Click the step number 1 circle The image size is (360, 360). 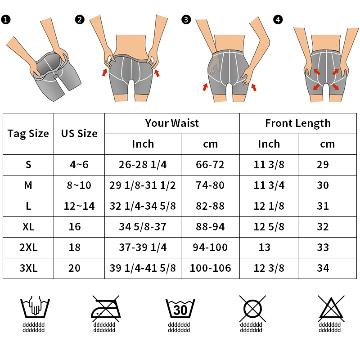coord(6,19)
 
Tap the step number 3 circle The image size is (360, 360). coord(186,19)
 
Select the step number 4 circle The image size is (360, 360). coord(278,19)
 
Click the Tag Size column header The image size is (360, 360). coord(28,134)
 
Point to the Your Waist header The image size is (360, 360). coord(172,123)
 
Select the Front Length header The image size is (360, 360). coord(298,123)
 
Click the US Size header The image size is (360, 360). coord(79,133)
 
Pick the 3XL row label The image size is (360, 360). coord(28,268)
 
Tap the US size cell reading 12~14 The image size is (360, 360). coord(79,206)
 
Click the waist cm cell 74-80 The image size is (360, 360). coord(210,185)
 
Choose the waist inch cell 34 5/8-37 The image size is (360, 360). coord(143,227)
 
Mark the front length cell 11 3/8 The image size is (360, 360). coord(269,165)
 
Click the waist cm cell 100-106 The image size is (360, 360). coord(210,268)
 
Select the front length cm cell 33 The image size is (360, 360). coord(323,247)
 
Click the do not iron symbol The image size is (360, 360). coord(106,309)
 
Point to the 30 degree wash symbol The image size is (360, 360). coord(180,308)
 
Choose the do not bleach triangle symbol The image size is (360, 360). coord(331,309)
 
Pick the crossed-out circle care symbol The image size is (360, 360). coord(252,309)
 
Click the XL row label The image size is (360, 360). coord(28,227)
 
